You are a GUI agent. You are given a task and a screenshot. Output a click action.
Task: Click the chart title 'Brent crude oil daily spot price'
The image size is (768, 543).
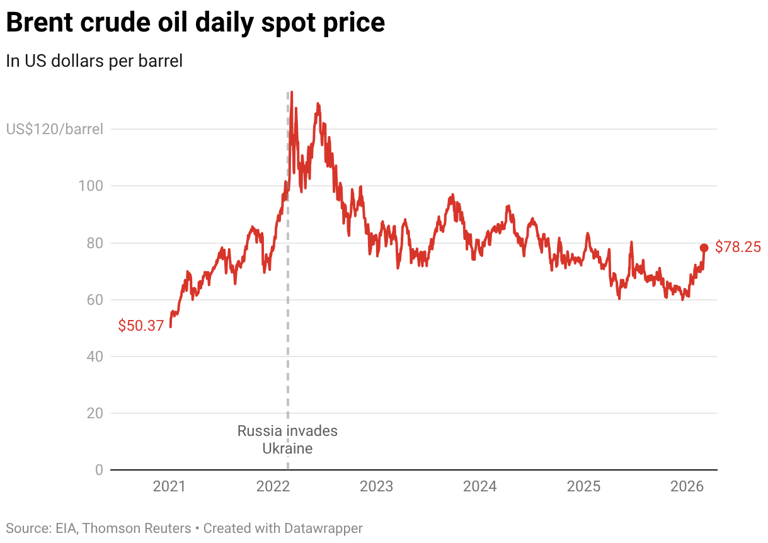point(196,23)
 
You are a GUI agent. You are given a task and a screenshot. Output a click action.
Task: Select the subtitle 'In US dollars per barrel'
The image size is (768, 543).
point(94,61)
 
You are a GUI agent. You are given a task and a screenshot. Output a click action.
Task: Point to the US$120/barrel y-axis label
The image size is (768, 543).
point(54,129)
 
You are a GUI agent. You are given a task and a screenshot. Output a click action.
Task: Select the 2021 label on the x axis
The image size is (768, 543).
point(169,487)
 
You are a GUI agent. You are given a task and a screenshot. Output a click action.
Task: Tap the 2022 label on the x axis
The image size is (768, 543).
point(273,487)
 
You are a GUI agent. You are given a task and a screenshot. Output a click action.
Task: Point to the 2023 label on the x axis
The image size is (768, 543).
point(376,487)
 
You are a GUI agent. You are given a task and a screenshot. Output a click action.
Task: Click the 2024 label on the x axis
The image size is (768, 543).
point(480,487)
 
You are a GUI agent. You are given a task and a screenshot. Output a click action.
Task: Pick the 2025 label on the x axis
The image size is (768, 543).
point(584,487)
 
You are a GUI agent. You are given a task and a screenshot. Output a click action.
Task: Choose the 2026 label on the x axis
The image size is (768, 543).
point(687,487)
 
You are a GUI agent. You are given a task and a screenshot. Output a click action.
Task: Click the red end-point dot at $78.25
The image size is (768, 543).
point(704,248)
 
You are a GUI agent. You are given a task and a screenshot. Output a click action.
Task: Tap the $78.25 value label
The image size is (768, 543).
point(738,247)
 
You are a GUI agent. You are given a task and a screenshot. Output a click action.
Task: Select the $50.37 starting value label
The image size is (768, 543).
point(140,326)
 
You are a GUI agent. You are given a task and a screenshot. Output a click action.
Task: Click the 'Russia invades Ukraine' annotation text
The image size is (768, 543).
point(287,440)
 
